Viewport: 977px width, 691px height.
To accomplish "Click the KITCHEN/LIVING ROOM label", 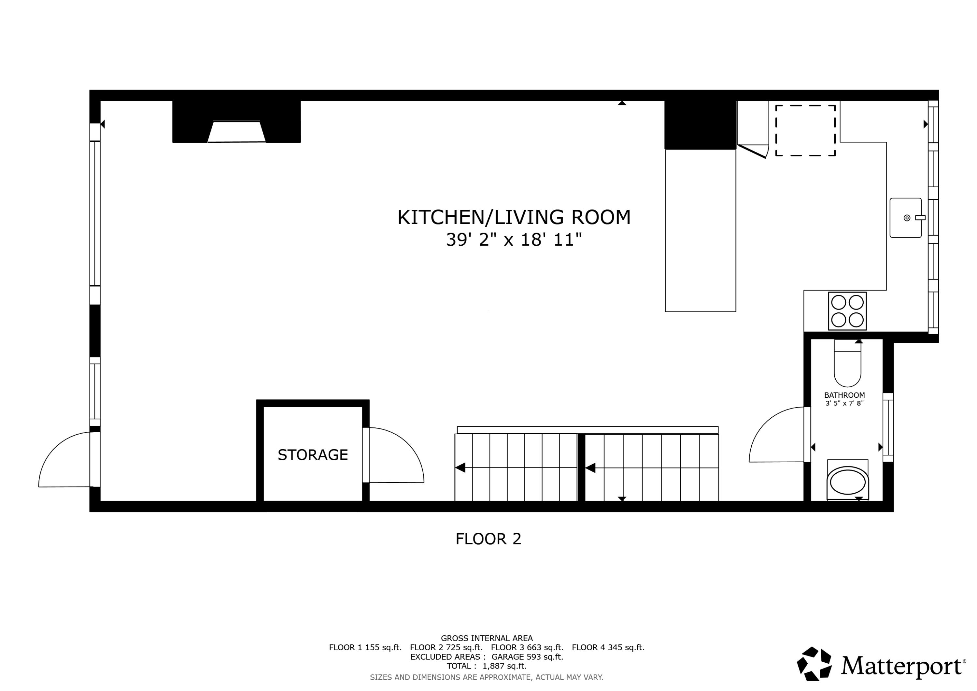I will [514, 218].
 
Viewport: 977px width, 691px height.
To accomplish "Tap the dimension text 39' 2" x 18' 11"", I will [514, 240].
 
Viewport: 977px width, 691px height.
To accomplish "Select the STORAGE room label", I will [313, 455].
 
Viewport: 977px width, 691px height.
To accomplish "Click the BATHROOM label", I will [844, 395].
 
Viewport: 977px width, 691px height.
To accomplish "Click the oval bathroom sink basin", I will [847, 482].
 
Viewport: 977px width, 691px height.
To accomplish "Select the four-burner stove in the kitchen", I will [847, 311].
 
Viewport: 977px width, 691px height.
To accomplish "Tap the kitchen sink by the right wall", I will [905, 218].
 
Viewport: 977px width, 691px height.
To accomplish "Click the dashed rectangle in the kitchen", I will [805, 130].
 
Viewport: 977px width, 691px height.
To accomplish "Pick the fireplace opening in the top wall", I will [236, 132].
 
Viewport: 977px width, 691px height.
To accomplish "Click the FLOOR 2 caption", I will [488, 539].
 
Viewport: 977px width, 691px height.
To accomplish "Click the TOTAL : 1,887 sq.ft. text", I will [486, 666].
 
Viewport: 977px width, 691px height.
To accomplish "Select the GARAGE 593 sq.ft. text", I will [527, 656].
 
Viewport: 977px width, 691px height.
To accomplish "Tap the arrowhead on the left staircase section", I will [460, 468].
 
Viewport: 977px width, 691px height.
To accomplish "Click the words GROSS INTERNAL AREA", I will [486, 638].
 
